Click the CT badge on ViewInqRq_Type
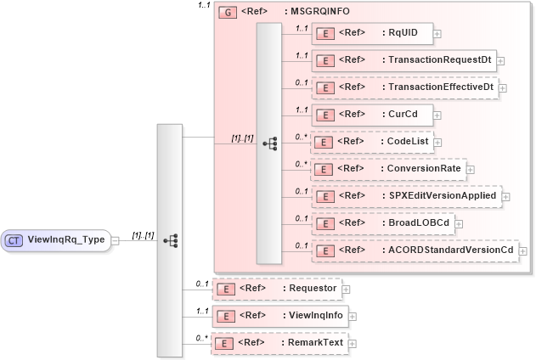coord(14,240)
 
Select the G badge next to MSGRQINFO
coord(227,13)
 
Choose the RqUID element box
coord(371,34)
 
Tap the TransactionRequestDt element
coord(403,61)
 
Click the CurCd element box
coord(371,115)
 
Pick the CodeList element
coord(375,142)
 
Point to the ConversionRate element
coord(387,169)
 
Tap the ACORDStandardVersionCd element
coord(413,250)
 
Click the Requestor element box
coord(276,289)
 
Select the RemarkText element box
coord(279,343)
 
